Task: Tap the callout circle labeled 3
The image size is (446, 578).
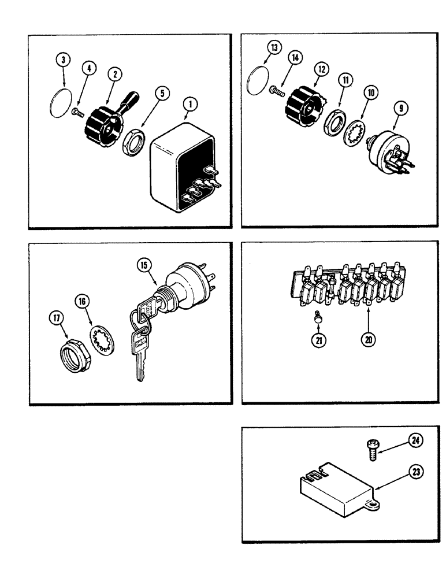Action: pyautogui.click(x=64, y=60)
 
